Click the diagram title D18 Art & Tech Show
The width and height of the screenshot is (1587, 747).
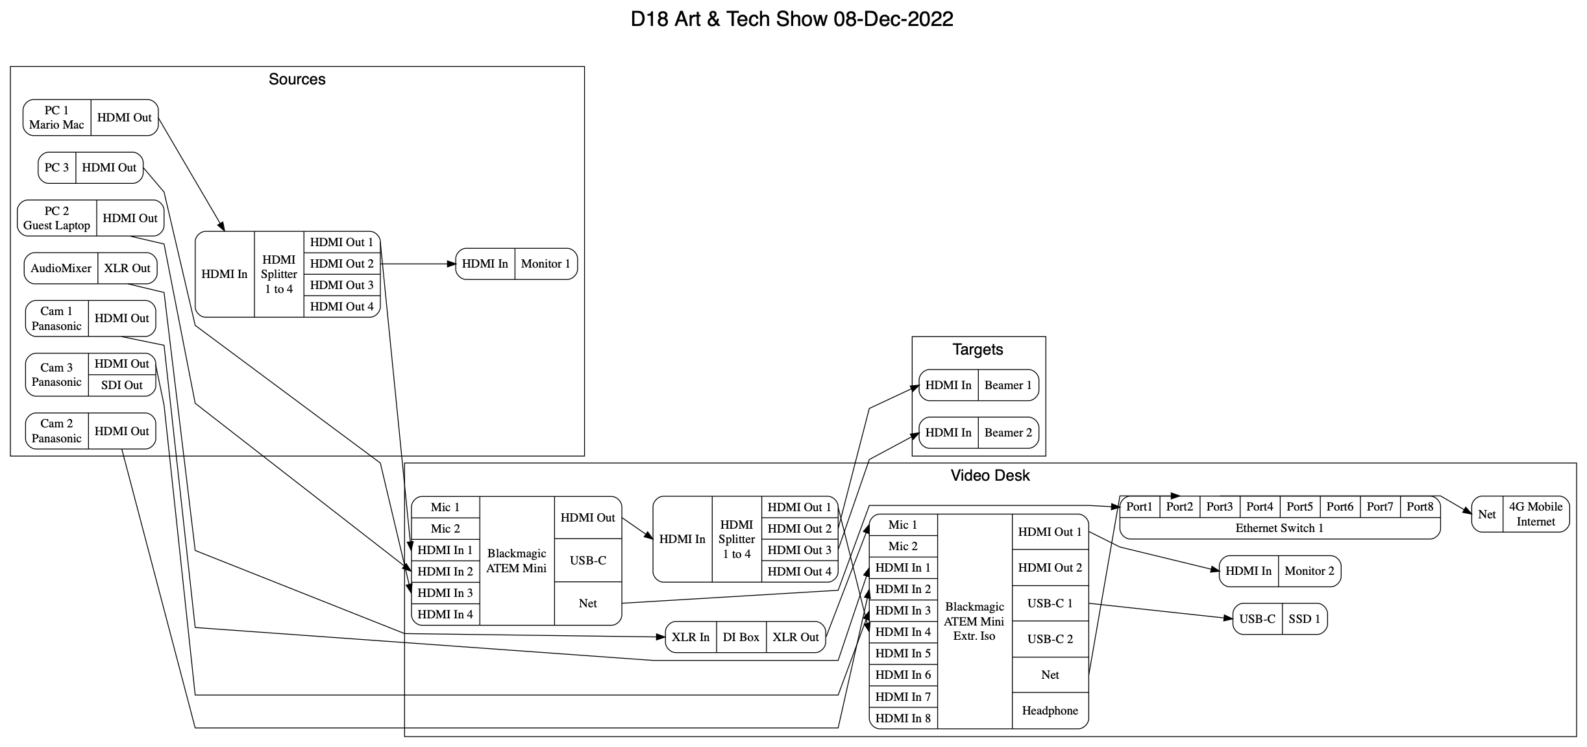point(791,19)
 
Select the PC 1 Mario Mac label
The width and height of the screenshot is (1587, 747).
point(56,118)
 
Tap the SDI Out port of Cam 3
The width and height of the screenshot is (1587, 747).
point(121,385)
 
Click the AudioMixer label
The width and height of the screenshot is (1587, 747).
point(61,268)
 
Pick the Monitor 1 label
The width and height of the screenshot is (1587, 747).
point(545,264)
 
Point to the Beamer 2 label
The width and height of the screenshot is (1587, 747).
point(1007,433)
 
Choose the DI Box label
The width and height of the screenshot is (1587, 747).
point(741,637)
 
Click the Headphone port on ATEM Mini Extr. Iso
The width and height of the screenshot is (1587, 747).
point(1050,711)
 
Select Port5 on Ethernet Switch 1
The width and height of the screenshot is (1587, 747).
point(1299,507)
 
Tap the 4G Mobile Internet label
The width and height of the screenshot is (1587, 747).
point(1535,514)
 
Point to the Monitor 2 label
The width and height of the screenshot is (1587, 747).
point(1309,571)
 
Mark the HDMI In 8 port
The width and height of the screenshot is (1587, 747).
point(903,718)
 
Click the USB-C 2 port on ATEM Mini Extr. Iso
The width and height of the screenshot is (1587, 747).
point(1050,639)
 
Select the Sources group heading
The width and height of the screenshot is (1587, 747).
point(297,79)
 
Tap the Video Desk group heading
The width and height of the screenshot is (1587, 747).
point(990,475)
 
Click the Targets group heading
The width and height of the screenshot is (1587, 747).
point(978,349)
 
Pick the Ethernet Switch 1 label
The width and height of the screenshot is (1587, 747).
point(1279,528)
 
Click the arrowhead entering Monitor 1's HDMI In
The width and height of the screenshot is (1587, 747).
point(452,264)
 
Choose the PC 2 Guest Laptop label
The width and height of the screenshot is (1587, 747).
point(56,218)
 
